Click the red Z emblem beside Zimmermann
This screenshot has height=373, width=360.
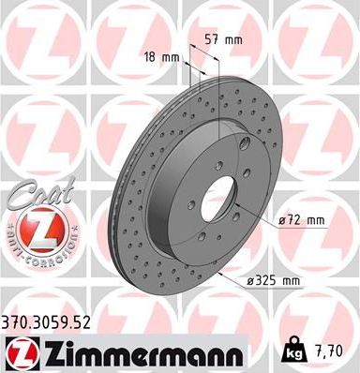pos(19,351)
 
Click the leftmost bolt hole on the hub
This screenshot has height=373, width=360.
pos(190,203)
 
